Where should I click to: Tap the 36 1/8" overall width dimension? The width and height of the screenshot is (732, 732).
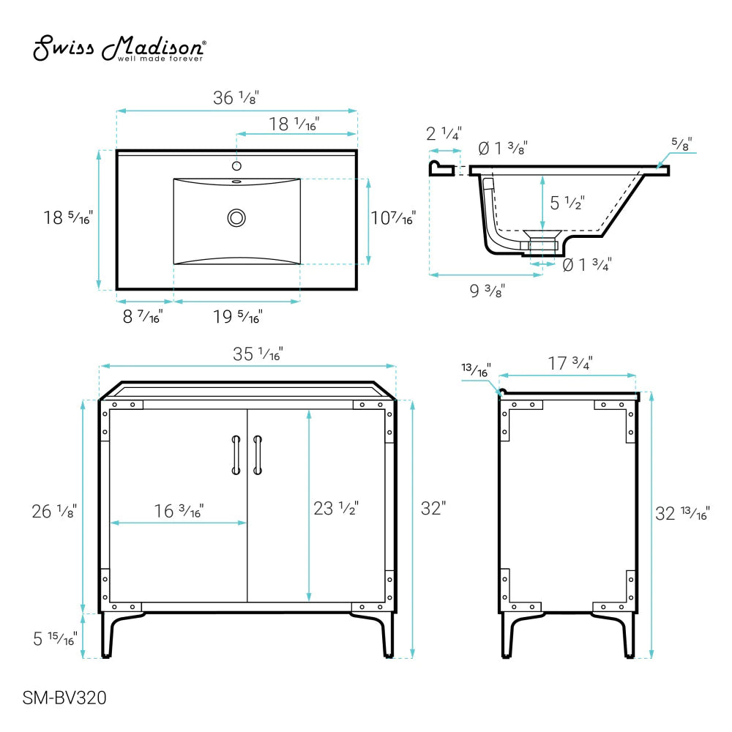[236, 97]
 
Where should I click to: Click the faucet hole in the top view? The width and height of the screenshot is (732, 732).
[236, 165]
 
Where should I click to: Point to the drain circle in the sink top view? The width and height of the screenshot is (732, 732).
[236, 217]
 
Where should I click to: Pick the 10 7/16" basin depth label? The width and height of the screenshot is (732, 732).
[393, 218]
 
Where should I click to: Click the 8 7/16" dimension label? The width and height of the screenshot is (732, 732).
[142, 317]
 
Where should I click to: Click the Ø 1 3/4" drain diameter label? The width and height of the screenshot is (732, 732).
[587, 264]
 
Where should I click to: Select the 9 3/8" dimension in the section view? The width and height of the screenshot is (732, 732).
[485, 291]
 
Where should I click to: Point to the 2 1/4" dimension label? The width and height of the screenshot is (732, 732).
[444, 134]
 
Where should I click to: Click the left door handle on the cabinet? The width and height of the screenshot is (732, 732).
[236, 455]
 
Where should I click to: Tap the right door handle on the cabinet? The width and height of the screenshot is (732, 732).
[258, 455]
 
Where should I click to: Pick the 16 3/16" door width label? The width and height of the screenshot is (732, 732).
[178, 509]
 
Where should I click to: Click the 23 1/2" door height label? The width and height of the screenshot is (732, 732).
[336, 508]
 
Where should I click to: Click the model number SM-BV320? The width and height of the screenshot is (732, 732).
[65, 698]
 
